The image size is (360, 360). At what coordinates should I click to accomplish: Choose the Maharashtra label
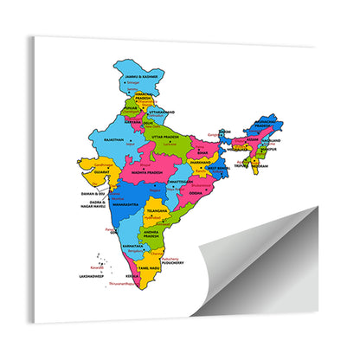pos(126,204)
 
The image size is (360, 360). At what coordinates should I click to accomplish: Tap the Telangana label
pos(156,210)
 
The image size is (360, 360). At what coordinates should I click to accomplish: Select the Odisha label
pos(196,193)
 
